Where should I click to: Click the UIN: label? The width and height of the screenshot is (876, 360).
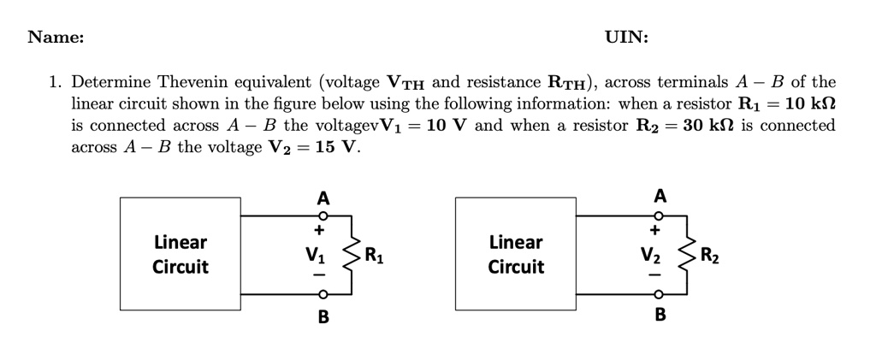pos(626,37)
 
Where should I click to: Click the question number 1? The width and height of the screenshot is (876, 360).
pos(54,83)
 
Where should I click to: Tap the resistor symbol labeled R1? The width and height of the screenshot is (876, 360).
pos(348,254)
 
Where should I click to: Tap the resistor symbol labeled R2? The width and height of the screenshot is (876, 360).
pos(684,254)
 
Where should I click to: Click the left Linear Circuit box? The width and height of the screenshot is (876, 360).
pos(181,254)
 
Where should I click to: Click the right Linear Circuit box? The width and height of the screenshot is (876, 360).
pos(516,254)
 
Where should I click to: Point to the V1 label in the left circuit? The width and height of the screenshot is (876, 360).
pos(317,254)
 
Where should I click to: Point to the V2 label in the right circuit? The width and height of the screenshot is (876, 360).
pos(652,254)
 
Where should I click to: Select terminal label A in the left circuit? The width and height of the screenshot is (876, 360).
pos(323,198)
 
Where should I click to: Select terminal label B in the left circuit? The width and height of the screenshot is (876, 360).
pos(323,317)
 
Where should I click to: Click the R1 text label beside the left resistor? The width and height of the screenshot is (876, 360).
pos(375,255)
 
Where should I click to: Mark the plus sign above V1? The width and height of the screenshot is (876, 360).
pos(319,230)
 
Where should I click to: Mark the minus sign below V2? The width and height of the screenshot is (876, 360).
pos(654,276)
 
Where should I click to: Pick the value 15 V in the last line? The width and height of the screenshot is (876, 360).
pos(334,147)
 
